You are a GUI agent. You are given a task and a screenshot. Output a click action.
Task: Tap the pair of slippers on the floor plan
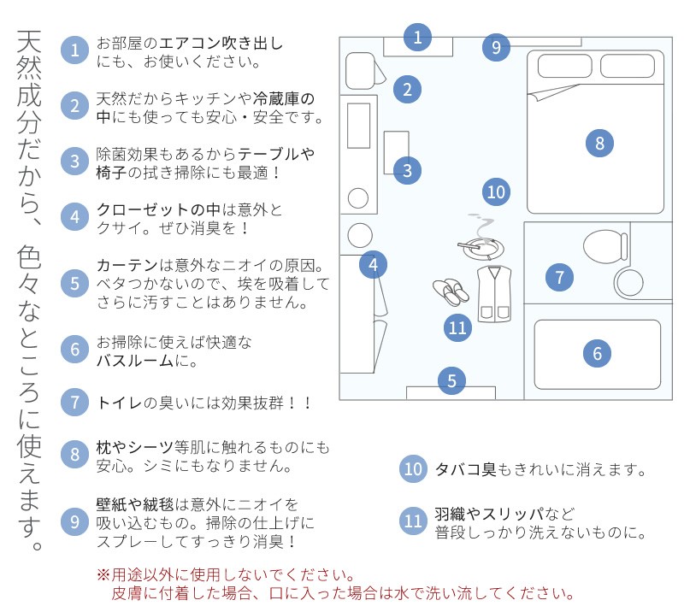click(x=451, y=292)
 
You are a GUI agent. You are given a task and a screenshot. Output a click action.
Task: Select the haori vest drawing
click(x=494, y=294)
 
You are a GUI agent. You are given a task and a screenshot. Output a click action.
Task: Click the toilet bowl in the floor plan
click(x=605, y=247)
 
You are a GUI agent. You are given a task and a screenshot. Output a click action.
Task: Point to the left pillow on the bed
click(x=564, y=66)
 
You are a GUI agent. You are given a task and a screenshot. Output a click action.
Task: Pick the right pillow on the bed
click(x=628, y=66)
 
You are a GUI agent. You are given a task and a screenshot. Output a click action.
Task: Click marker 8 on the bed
click(x=599, y=143)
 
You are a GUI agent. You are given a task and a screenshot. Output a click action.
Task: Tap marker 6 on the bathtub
click(x=597, y=353)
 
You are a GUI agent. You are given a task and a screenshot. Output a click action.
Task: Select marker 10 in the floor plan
click(x=496, y=192)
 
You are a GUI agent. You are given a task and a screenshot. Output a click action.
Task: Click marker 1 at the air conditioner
click(x=417, y=37)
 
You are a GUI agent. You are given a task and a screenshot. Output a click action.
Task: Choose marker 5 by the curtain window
click(x=451, y=381)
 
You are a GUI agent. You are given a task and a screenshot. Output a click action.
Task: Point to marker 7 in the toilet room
click(x=559, y=277)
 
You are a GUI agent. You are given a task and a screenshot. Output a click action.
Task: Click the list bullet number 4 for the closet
click(x=74, y=217)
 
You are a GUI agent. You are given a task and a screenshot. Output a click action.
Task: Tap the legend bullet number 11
click(x=413, y=521)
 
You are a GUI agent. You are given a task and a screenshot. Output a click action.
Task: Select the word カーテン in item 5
click(x=127, y=265)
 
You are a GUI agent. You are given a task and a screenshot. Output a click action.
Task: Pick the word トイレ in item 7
click(x=119, y=403)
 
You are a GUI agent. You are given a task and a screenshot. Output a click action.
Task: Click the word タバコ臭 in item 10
click(x=465, y=469)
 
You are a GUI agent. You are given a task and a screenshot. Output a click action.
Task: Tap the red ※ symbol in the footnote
click(x=103, y=574)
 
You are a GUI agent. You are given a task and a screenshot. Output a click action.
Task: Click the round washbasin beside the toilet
click(x=628, y=282)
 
